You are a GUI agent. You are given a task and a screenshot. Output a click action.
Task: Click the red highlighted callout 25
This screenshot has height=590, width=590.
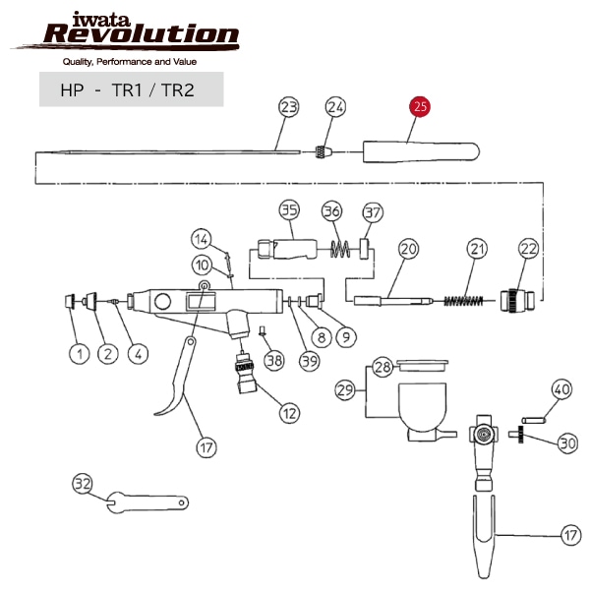point(421,108)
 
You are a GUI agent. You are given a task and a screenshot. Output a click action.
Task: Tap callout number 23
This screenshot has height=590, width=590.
point(288,107)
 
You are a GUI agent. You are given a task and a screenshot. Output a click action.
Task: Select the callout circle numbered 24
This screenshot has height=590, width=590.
point(335,107)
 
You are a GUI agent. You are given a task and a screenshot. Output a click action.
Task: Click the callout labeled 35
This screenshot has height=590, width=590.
point(288,210)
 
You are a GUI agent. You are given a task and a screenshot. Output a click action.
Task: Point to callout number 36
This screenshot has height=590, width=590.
point(331,211)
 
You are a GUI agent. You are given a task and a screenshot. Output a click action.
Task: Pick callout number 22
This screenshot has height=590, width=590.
point(528,250)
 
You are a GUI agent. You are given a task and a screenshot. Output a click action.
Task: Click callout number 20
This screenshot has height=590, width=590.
point(409,250)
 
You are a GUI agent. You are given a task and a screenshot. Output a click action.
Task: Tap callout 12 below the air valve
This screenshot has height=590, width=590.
point(289,414)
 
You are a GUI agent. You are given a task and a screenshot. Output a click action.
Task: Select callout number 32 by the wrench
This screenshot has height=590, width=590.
point(83,483)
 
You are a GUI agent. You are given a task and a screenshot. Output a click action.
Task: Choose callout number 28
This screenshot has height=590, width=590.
point(382,367)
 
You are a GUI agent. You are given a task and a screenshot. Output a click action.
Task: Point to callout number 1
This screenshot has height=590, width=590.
point(74,353)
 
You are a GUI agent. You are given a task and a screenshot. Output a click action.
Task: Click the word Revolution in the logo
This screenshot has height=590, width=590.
point(141,36)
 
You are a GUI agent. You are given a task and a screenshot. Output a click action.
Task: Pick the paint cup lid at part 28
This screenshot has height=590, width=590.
point(419,367)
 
